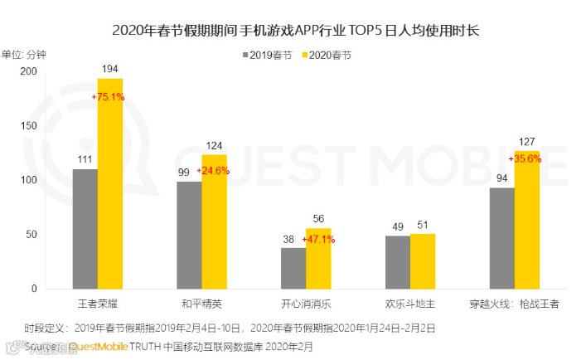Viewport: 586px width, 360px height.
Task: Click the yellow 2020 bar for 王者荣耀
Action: [x=110, y=183]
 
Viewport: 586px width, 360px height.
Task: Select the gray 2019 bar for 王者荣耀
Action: [x=85, y=229]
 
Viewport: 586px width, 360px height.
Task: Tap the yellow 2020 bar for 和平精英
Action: [x=214, y=221]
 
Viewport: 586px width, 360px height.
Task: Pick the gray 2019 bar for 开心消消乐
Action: [x=293, y=268]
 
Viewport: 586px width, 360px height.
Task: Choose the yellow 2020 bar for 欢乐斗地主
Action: [x=423, y=261]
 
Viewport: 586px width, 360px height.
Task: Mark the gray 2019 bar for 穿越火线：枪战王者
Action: [x=501, y=238]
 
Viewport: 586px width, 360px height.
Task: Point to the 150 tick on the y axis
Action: [x=29, y=125]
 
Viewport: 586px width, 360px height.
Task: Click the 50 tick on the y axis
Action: [x=31, y=235]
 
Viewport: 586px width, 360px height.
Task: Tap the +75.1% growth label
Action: [x=109, y=97]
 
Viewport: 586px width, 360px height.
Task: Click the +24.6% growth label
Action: [x=213, y=172]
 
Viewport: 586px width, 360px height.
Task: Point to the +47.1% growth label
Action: [x=317, y=239]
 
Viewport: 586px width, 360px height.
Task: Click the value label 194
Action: [x=110, y=67]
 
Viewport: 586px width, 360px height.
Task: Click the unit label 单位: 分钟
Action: [x=25, y=55]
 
